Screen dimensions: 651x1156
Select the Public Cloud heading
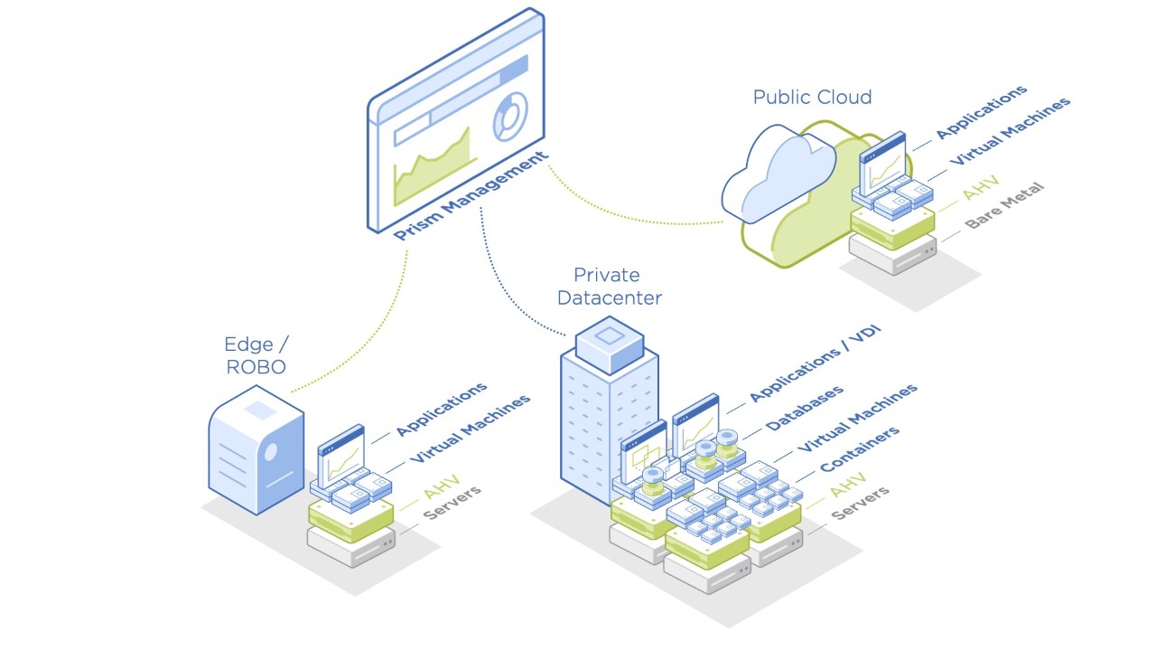click(x=812, y=97)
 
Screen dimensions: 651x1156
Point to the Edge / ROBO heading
click(x=255, y=355)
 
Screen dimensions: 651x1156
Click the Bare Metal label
click(x=1003, y=205)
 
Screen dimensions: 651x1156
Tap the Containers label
click(x=859, y=449)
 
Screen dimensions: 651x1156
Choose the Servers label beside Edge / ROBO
click(x=452, y=504)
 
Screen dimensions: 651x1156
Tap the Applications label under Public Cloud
click(x=981, y=112)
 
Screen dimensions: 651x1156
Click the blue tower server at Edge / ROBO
click(x=256, y=449)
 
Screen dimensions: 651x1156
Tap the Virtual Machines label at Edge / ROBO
click(x=470, y=429)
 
